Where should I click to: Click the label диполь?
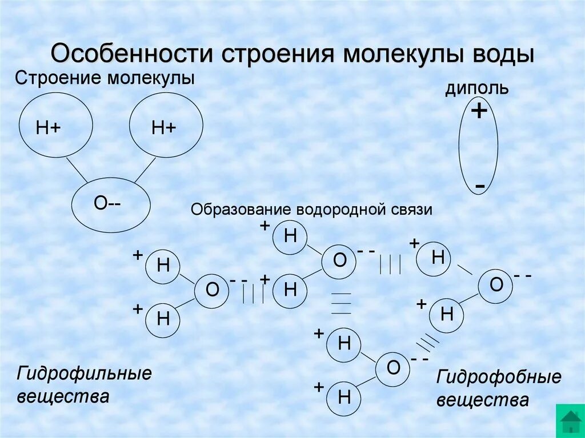pos(477,89)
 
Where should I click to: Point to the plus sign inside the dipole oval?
pos(479,111)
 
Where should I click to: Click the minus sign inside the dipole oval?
pos(480,186)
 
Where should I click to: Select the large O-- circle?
pos(111,204)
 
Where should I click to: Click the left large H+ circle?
pos(55,127)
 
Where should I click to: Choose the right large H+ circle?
pos(166,127)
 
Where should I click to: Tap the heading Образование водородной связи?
pos(311,210)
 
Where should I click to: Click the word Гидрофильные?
pos(85,375)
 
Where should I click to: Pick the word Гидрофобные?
pos(499,377)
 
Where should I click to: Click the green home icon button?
pos(570,421)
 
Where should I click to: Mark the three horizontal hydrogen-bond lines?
pos(341,303)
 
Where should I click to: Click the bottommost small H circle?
pos(344,396)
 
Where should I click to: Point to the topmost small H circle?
pos(290,236)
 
